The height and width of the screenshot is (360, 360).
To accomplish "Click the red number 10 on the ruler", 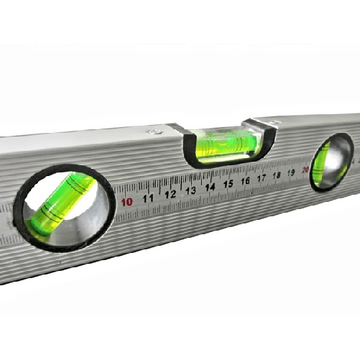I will pos(127,202).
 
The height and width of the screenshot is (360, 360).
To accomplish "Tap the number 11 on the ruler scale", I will pos(149,198).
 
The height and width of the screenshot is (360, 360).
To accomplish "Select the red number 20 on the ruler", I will pos(305,170).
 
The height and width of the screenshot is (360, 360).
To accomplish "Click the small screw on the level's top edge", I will pos(153,131).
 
